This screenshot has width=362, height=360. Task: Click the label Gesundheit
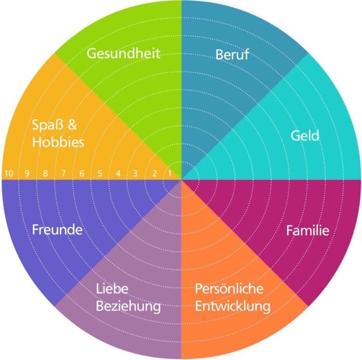pyautogui.click(x=123, y=54)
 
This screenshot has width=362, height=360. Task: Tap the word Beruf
pyautogui.click(x=232, y=55)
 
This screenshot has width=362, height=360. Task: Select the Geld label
pyautogui.click(x=305, y=136)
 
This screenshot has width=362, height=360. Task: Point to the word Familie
pyautogui.click(x=308, y=230)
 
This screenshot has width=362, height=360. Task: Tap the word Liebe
pyautogui.click(x=113, y=288)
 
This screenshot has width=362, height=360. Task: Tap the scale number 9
pyautogui.click(x=26, y=173)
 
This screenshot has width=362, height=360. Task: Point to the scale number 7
pyautogui.click(x=64, y=173)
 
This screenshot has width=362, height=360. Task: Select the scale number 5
pyautogui.click(x=100, y=173)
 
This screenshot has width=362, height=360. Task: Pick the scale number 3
pyautogui.click(x=136, y=173)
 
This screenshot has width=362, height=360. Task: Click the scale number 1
pyautogui.click(x=170, y=173)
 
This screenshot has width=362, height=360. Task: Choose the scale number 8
pyautogui.click(x=46, y=173)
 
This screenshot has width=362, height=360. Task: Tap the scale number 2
pyautogui.click(x=153, y=173)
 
